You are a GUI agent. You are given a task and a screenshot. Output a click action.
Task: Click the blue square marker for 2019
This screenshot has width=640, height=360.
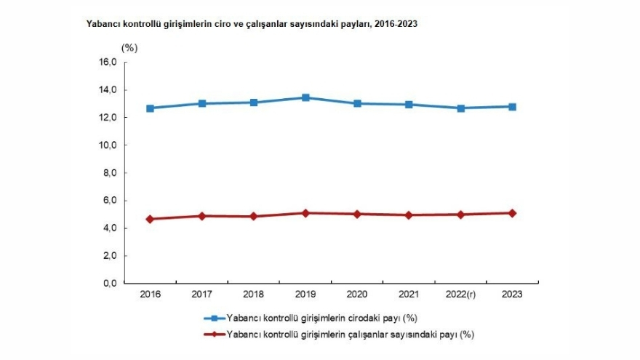pyautogui.click(x=305, y=97)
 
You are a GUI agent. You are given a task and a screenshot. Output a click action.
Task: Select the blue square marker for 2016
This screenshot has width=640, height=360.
pyautogui.click(x=150, y=108)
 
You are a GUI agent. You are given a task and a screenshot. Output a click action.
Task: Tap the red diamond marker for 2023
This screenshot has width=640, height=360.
pyautogui.click(x=513, y=213)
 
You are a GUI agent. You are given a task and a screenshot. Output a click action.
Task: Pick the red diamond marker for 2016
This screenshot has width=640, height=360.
pyautogui.click(x=150, y=219)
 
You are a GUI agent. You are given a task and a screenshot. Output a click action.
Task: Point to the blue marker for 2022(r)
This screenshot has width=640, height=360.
pyautogui.click(x=461, y=108)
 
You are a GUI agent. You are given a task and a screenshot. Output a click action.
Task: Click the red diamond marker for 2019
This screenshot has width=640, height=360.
pyautogui.click(x=305, y=213)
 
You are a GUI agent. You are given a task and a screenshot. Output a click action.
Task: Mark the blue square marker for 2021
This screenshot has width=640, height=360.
pyautogui.click(x=409, y=105)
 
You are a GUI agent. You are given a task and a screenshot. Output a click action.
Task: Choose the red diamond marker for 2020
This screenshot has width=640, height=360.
pyautogui.click(x=357, y=214)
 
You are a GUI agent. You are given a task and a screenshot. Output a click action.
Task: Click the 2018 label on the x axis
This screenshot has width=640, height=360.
pyautogui.click(x=253, y=295)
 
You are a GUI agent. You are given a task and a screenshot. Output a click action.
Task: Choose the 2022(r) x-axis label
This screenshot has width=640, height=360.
pyautogui.click(x=461, y=295)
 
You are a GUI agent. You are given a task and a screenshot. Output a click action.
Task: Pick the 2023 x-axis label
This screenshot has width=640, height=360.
pyautogui.click(x=513, y=295)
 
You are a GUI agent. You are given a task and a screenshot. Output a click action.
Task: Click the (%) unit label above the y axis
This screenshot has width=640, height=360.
pyautogui.click(x=129, y=48)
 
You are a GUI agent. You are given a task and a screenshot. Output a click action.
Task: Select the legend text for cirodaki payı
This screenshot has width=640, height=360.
pyautogui.click(x=321, y=319)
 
